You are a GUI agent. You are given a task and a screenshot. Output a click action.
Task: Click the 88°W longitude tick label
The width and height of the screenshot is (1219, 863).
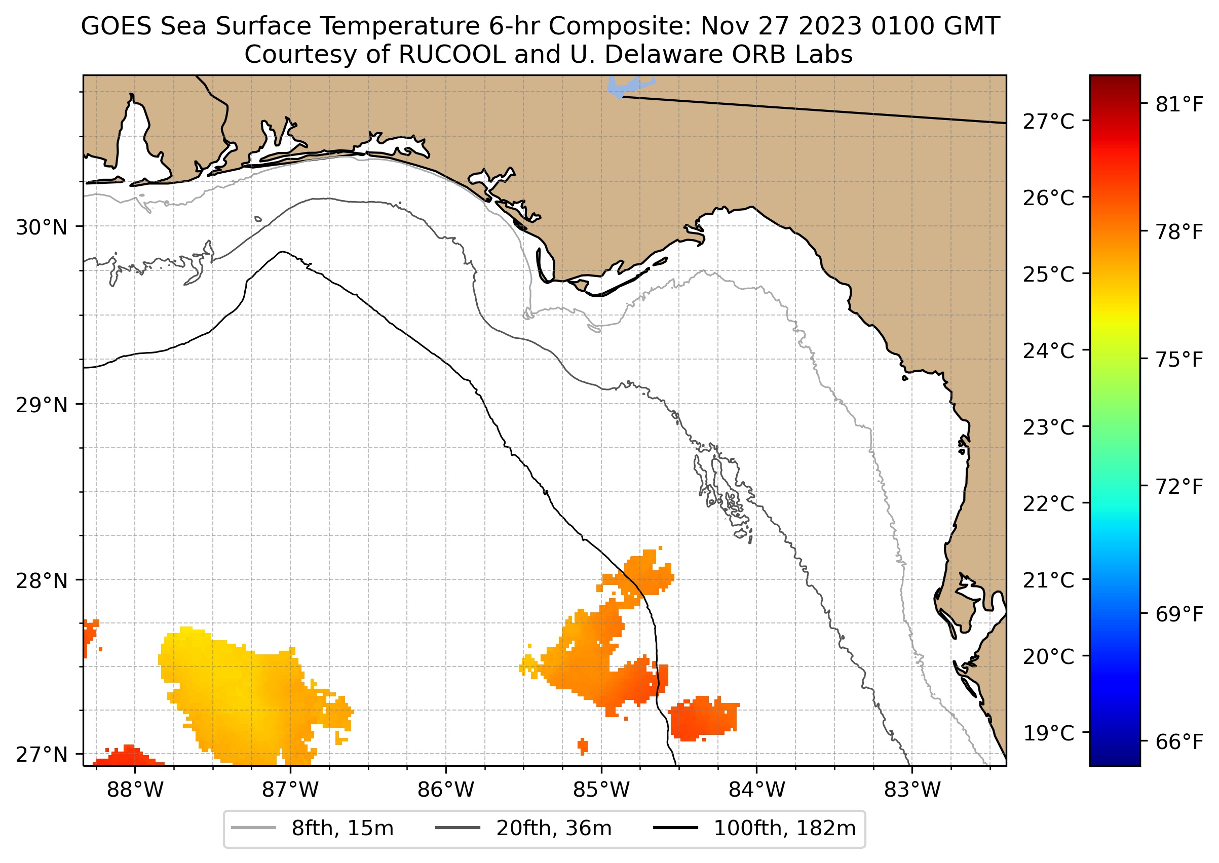click(135, 790)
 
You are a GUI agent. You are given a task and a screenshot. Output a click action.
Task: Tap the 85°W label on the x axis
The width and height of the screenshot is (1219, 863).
click(601, 790)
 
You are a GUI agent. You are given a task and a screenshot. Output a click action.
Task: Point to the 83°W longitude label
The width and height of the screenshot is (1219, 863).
click(912, 790)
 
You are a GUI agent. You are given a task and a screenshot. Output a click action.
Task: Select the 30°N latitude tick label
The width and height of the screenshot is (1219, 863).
click(42, 227)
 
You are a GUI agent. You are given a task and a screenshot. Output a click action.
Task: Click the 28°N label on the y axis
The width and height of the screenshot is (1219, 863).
click(42, 581)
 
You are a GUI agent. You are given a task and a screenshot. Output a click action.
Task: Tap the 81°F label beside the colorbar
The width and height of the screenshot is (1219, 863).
click(1179, 105)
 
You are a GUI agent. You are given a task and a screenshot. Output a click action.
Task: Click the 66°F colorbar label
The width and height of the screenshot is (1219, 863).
click(1179, 742)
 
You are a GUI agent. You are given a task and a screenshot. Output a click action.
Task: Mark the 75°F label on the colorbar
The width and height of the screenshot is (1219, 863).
click(1179, 360)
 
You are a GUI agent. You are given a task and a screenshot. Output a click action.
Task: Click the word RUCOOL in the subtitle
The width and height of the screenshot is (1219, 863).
click(451, 54)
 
